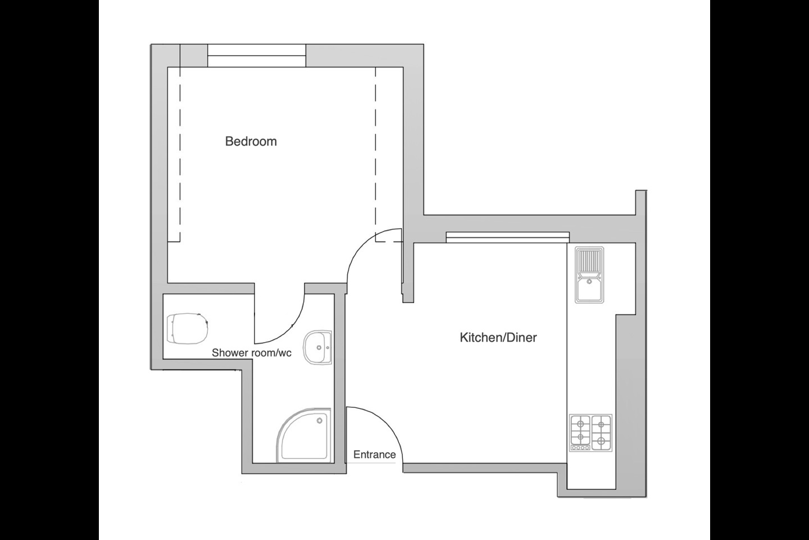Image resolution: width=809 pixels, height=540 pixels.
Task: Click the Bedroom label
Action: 251,141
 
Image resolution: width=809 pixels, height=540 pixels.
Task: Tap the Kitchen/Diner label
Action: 498,337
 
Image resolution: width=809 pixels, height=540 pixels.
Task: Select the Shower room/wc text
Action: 252,353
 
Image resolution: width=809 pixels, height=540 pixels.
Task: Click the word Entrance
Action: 374,454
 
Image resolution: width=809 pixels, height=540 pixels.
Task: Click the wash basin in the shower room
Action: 318,348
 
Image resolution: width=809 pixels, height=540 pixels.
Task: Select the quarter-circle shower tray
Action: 303,436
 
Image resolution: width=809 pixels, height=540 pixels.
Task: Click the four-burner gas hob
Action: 590,433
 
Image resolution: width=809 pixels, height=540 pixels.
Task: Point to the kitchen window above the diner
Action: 507,237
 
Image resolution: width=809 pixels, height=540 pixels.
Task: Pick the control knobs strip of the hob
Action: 580,448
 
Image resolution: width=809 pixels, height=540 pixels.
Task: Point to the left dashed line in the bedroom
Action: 180,152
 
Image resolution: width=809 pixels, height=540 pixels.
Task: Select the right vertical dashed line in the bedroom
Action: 375,152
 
